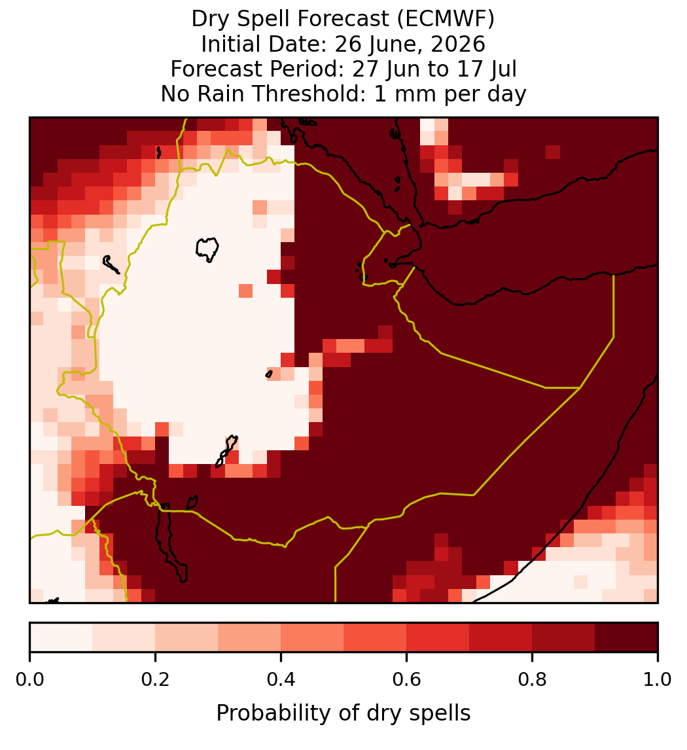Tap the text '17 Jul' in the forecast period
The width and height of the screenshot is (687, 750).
pyautogui.click(x=487, y=69)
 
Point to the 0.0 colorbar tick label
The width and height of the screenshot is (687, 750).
pyautogui.click(x=29, y=679)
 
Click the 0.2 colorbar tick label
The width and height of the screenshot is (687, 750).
pyautogui.click(x=155, y=679)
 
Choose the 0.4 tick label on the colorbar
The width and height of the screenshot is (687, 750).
pyautogui.click(x=281, y=679)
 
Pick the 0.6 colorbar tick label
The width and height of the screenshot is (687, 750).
pyautogui.click(x=407, y=679)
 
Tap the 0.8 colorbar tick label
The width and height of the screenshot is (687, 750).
pyautogui.click(x=533, y=679)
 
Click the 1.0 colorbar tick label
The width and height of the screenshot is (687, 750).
pyautogui.click(x=658, y=679)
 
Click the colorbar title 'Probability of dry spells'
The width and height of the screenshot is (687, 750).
pyautogui.click(x=343, y=713)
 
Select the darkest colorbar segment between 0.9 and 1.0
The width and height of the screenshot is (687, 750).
pyautogui.click(x=626, y=637)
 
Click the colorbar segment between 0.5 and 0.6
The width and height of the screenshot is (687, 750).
pyautogui.click(x=375, y=637)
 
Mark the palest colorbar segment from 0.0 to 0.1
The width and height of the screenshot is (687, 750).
pyautogui.click(x=62, y=637)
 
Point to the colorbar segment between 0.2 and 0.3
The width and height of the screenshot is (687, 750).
pyautogui.click(x=186, y=637)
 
